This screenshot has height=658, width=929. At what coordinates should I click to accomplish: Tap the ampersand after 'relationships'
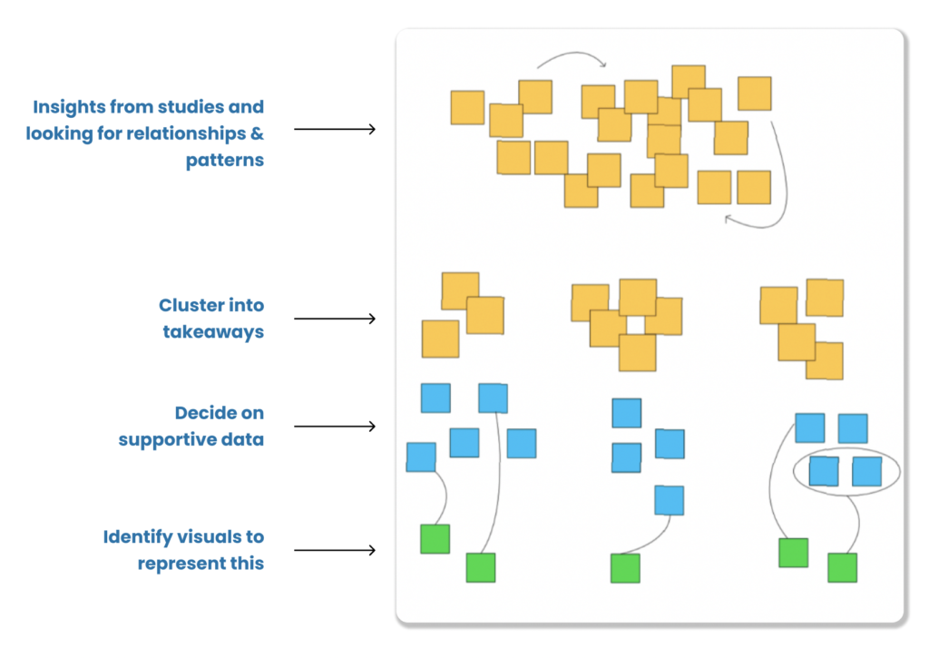click(x=257, y=133)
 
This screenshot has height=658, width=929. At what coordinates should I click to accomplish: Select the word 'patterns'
click(x=225, y=161)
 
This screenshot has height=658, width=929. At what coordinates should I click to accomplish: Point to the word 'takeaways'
click(x=213, y=332)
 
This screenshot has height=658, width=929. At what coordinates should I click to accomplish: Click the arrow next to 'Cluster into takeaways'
click(x=335, y=319)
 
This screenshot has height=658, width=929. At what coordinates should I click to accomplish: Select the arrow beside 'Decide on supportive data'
click(x=335, y=427)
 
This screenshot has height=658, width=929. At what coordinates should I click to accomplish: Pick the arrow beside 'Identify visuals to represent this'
click(x=335, y=550)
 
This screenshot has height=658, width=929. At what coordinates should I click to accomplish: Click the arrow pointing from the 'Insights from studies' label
click(x=335, y=129)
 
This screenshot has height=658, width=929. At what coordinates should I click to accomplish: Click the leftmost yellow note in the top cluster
click(x=467, y=107)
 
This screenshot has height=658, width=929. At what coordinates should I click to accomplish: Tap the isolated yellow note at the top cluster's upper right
click(x=754, y=93)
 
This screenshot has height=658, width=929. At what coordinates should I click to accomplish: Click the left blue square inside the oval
click(x=824, y=471)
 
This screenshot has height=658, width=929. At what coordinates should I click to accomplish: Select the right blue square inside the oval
click(x=866, y=472)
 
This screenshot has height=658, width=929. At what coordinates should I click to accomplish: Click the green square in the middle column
click(x=625, y=568)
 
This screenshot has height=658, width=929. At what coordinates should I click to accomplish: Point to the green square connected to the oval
click(x=842, y=567)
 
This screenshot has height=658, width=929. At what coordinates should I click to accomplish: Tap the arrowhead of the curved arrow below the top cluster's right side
click(x=729, y=220)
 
